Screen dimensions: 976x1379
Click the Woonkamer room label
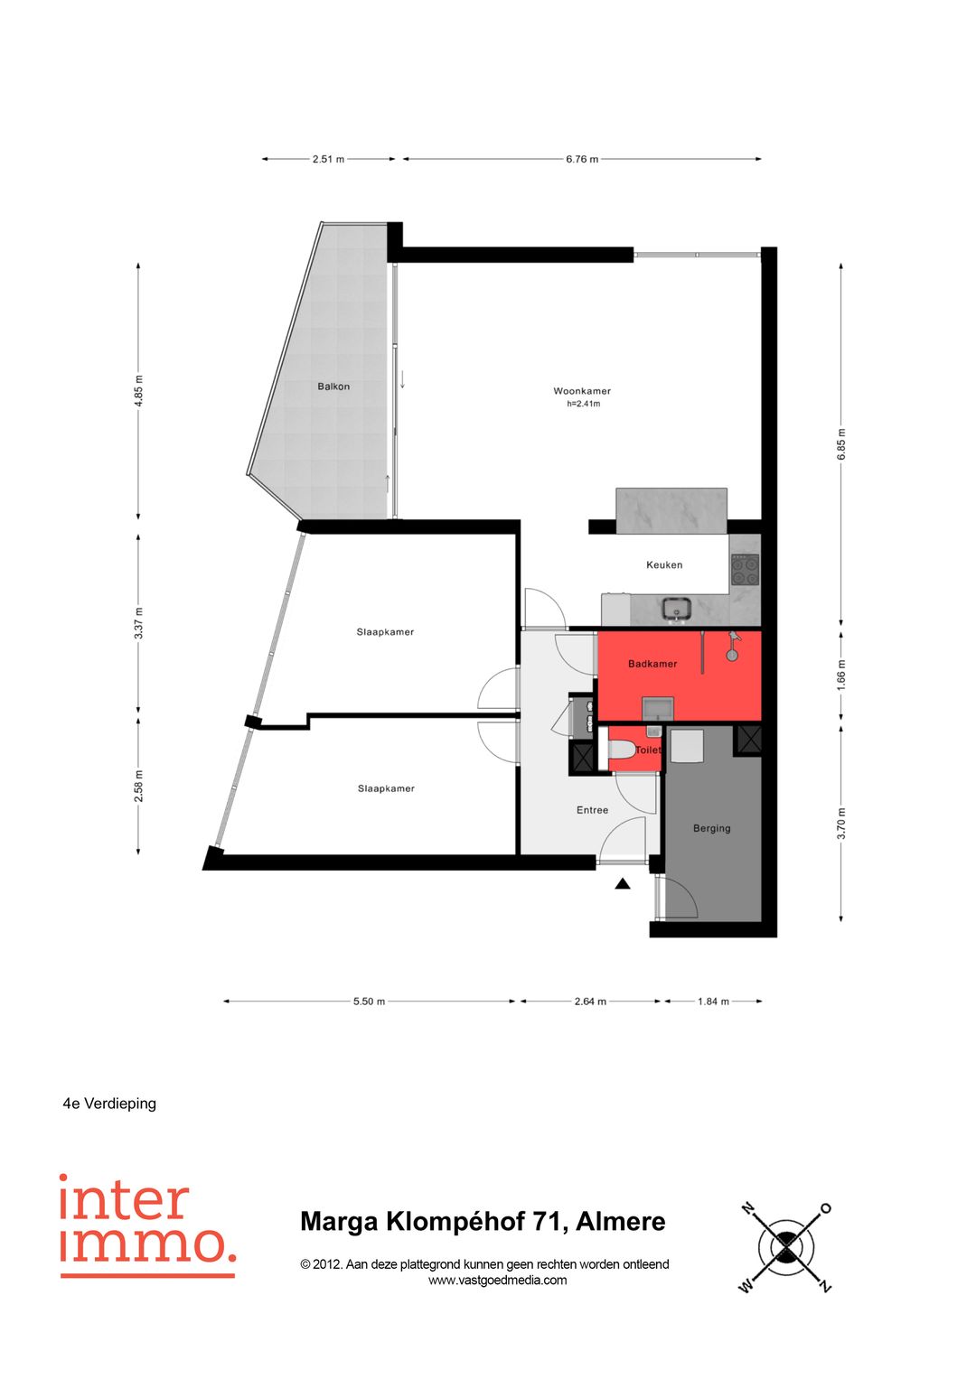point(582,391)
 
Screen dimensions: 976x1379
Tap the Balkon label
point(333,387)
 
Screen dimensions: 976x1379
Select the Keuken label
point(664,564)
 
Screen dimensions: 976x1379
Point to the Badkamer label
point(652,664)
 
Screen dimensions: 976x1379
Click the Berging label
point(712,829)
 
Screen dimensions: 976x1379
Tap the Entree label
point(592,810)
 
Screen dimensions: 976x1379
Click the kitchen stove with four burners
point(745,570)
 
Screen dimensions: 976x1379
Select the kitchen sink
point(677,610)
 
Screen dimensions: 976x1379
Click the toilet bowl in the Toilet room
point(621,750)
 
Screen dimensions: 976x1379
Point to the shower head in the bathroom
point(732,655)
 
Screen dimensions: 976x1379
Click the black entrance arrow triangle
point(623,884)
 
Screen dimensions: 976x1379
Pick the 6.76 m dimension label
point(582,159)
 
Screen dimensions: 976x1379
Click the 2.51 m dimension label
point(328,159)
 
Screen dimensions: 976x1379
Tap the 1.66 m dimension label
point(841,675)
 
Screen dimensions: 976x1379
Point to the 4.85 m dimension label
point(138,391)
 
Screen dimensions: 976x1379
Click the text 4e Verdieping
point(109,1104)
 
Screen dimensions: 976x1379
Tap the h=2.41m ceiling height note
point(583,404)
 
